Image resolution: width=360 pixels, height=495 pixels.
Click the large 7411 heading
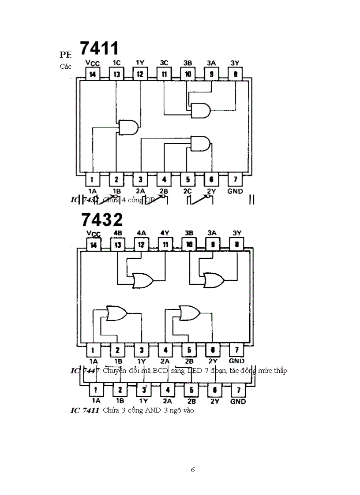pos(99,49)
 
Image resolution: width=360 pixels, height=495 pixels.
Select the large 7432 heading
pos(102,219)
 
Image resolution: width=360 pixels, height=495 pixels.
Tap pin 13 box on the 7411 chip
pos(116,74)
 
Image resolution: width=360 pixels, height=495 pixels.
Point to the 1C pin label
pos(116,63)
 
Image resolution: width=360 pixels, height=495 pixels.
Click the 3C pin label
pos(164,63)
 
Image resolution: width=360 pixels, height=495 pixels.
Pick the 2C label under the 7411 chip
pos(188,191)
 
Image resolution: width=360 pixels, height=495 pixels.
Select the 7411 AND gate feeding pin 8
pos(200,111)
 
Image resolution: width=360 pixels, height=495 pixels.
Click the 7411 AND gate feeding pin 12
pos(128,127)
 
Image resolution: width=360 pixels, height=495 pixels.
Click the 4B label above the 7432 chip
pos(118,233)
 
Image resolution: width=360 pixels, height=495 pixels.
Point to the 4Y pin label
pos(165,233)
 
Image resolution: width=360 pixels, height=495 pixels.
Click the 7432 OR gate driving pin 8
pos(214,279)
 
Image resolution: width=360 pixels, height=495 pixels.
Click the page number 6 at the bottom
pos(193,469)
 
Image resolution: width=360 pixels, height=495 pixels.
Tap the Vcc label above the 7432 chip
pos(93,233)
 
